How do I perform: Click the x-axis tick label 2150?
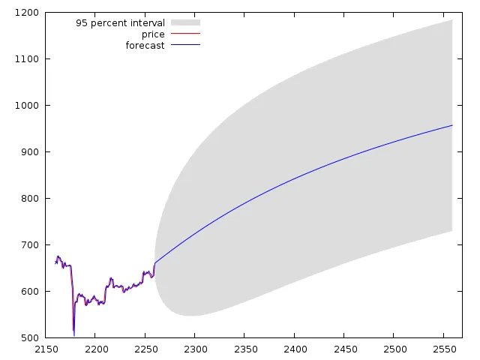click(x=46, y=349)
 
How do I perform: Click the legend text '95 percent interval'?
click(x=120, y=23)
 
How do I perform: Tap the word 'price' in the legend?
click(x=153, y=34)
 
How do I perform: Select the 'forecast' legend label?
click(x=145, y=46)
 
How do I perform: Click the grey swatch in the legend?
click(x=185, y=23)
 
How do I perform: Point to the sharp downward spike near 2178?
click(x=73, y=334)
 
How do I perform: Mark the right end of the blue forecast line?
click(x=452, y=125)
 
